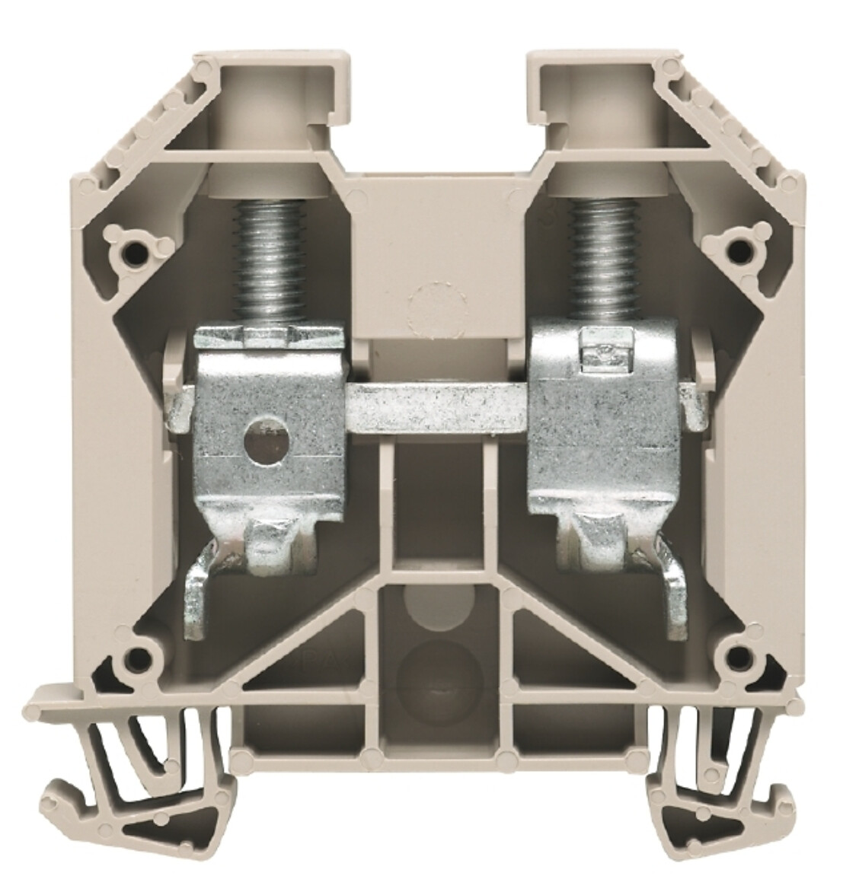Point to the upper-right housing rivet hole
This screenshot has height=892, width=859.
click(734, 247)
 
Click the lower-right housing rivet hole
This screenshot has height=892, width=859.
click(734, 656)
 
